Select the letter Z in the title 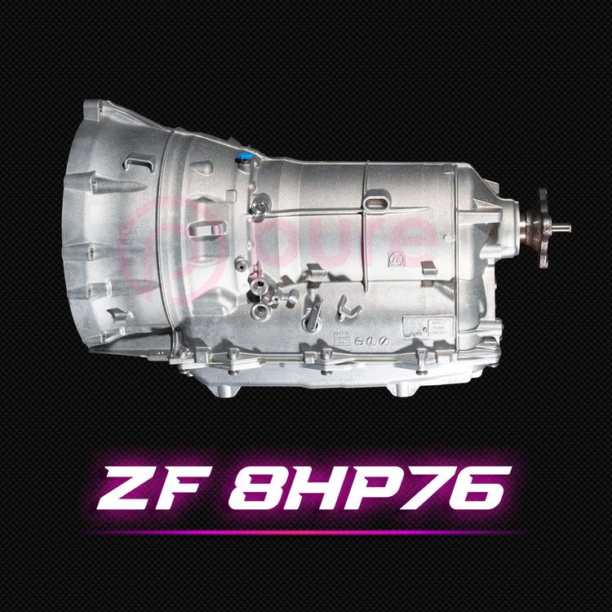(x=133, y=487)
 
